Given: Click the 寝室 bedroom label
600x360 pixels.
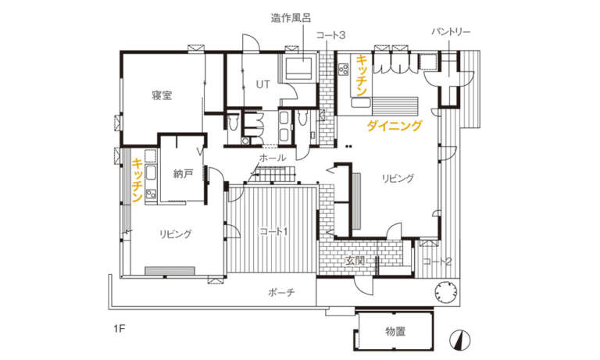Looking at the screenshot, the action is pyautogui.click(x=162, y=95).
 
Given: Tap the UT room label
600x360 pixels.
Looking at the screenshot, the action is pyautogui.click(x=262, y=84).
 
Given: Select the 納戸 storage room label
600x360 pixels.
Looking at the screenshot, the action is pyautogui.click(x=183, y=174).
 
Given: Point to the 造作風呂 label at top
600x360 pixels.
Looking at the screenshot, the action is pyautogui.click(x=291, y=18).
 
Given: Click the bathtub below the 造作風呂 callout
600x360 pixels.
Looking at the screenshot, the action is pyautogui.click(x=299, y=67).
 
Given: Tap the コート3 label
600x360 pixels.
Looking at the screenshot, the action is pyautogui.click(x=330, y=35).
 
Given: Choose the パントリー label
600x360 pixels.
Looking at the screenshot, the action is pyautogui.click(x=451, y=32).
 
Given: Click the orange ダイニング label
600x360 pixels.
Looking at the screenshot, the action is pyautogui.click(x=395, y=126).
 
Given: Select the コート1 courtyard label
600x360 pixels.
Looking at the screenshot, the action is pyautogui.click(x=273, y=231).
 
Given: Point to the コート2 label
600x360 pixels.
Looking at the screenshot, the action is pyautogui.click(x=437, y=262).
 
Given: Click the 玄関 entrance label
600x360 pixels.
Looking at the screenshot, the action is pyautogui.click(x=355, y=262).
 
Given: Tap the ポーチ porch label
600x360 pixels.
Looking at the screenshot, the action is pyautogui.click(x=281, y=293).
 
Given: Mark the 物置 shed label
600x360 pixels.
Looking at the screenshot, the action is pyautogui.click(x=395, y=332).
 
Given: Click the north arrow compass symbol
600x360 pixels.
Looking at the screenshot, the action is pyautogui.click(x=459, y=340).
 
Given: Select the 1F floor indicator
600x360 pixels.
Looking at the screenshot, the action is pyautogui.click(x=119, y=329).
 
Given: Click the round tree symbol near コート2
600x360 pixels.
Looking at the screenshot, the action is pyautogui.click(x=446, y=292).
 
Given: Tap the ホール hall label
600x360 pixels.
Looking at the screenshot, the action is pyautogui.click(x=272, y=158).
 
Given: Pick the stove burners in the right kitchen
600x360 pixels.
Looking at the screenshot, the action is pyautogui.click(x=344, y=69).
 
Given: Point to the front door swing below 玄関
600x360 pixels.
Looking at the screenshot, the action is pyautogui.click(x=363, y=285).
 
